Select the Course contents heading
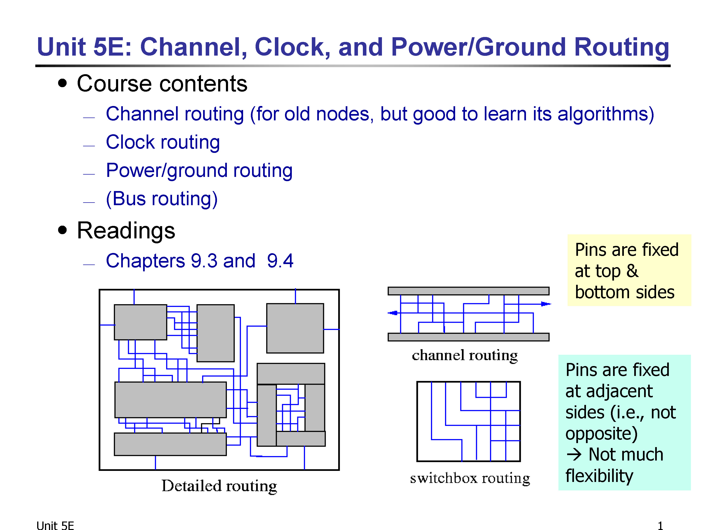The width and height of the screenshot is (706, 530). (x=162, y=84)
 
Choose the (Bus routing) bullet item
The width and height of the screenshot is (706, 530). (x=162, y=199)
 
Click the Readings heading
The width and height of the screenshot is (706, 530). (x=126, y=231)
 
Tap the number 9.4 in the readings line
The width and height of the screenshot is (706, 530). (x=280, y=261)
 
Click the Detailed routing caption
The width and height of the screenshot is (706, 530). (x=219, y=486)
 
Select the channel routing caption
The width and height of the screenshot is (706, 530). (x=465, y=355)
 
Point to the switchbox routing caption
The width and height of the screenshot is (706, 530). (x=470, y=478)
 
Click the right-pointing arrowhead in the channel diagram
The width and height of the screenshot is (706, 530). (x=546, y=304)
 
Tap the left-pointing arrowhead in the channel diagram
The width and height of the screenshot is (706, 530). (x=393, y=313)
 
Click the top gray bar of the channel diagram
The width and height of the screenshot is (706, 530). (x=469, y=291)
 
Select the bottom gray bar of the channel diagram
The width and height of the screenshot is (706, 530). (x=469, y=337)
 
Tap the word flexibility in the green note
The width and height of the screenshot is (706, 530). (x=599, y=476)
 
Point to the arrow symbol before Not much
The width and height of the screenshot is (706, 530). (x=574, y=454)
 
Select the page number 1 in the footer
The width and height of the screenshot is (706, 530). (x=660, y=526)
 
